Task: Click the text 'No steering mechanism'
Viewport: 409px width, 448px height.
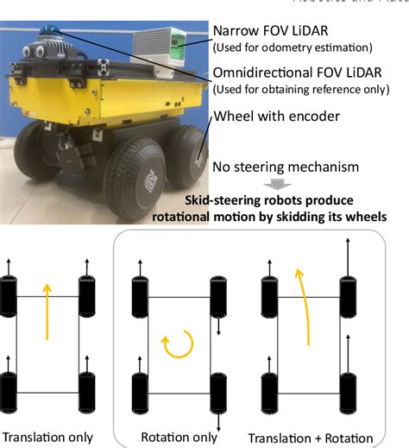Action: click(x=289, y=167)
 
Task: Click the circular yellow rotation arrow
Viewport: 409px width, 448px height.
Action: click(x=172, y=345)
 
